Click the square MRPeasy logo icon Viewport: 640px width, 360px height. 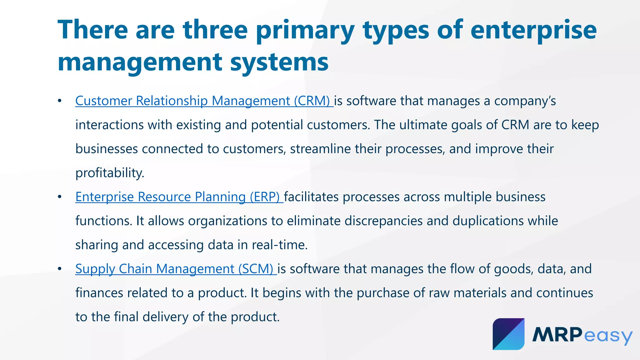pyautogui.click(x=508, y=334)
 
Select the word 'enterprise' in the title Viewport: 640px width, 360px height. pyautogui.click(x=533, y=30)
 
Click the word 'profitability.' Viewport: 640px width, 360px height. pyautogui.click(x=110, y=173)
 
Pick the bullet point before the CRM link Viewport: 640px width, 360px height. pyautogui.click(x=60, y=101)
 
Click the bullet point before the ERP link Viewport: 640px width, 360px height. pyautogui.click(x=60, y=197)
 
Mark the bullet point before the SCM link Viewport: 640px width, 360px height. pyautogui.click(x=60, y=269)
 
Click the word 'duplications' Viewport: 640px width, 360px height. pyautogui.click(x=488, y=221)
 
